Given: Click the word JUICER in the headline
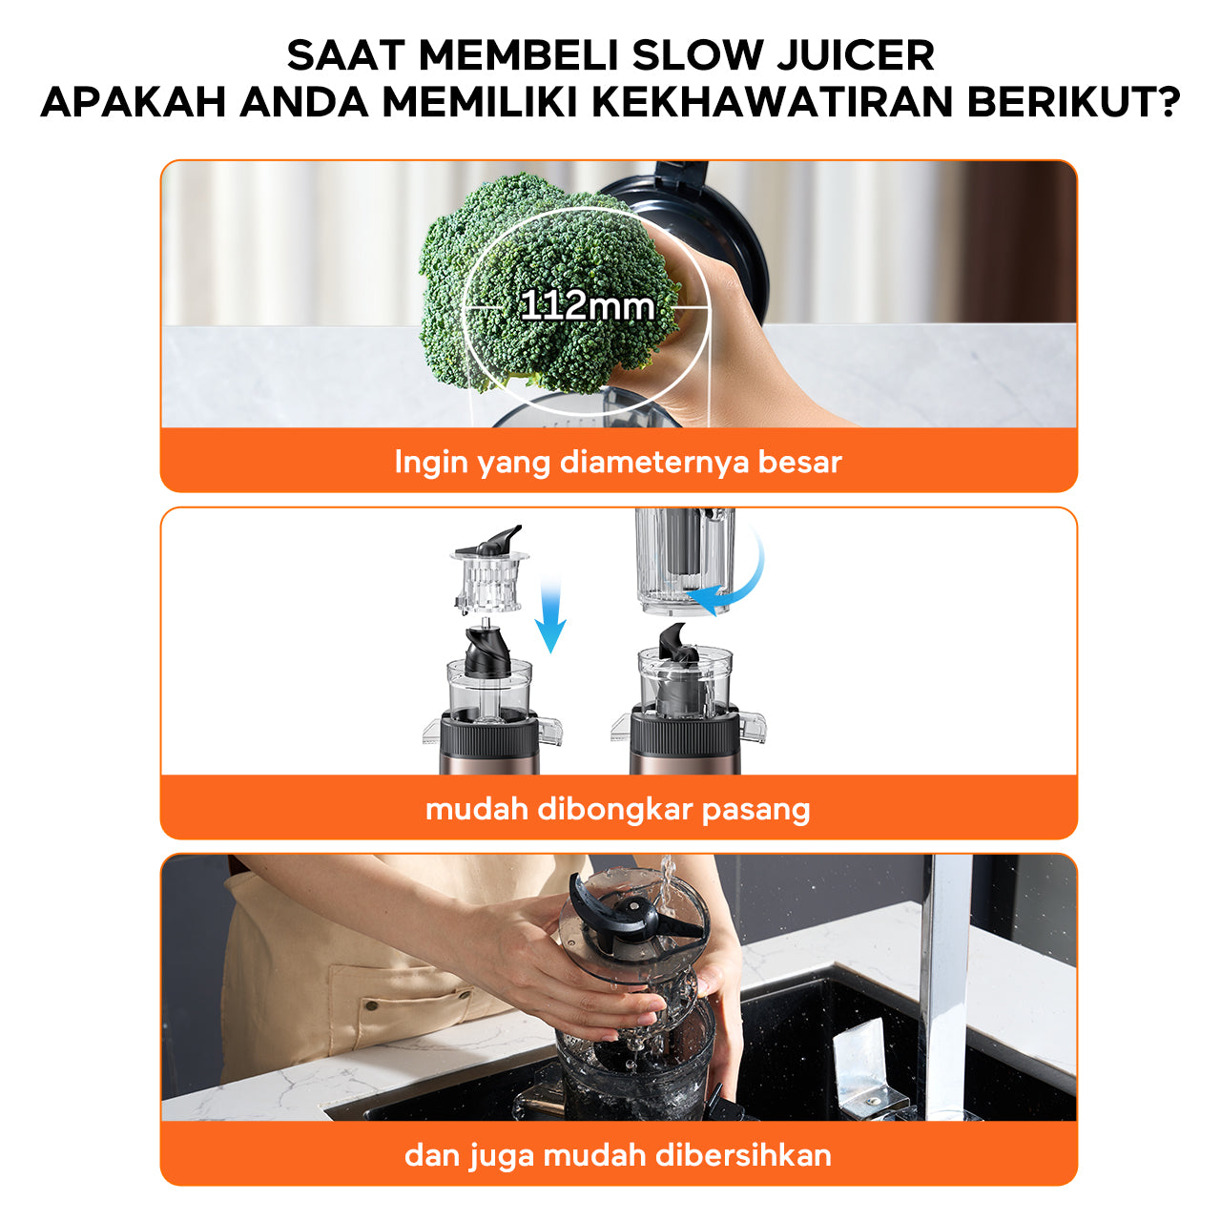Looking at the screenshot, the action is pyautogui.click(x=856, y=55).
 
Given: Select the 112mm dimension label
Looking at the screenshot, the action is pyautogui.click(x=588, y=306).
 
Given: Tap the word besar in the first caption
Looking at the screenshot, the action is pyautogui.click(x=799, y=462).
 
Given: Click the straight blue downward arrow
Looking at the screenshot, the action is pyautogui.click(x=550, y=614).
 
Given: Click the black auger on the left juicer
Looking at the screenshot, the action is pyautogui.click(x=487, y=651).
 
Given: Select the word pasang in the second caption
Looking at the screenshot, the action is pyautogui.click(x=755, y=812).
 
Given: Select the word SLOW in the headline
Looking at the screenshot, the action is pyautogui.click(x=697, y=55).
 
